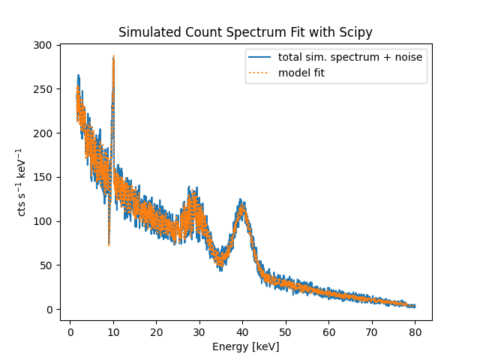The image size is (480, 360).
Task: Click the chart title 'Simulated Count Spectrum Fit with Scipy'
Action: tap(245, 33)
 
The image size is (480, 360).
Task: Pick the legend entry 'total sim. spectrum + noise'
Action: tap(349, 58)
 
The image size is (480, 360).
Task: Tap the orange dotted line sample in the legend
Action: tap(260, 72)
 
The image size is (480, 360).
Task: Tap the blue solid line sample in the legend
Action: tap(260, 58)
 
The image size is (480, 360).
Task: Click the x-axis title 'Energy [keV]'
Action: tap(245, 346)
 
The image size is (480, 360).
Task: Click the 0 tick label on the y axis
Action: tap(49, 310)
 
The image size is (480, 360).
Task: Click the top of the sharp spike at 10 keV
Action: tap(113, 56)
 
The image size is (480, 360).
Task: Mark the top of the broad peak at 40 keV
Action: tap(241, 201)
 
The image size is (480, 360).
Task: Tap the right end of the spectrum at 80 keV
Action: tap(415, 306)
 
